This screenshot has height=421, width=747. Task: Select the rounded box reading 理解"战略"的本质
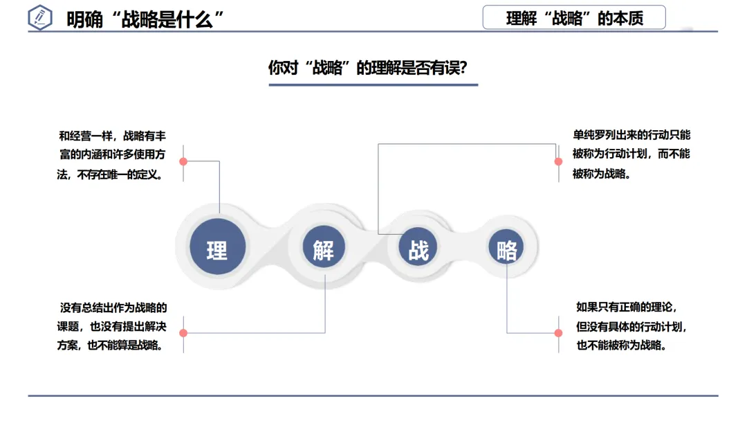(574, 18)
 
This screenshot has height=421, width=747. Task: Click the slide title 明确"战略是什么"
(147, 19)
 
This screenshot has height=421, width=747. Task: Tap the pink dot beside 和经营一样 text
(183, 161)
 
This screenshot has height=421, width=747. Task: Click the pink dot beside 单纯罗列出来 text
(558, 161)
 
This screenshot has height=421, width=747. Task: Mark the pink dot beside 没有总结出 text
(183, 333)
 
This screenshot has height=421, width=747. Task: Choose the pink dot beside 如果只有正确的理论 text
(558, 333)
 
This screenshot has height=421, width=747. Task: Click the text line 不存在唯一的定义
(110, 174)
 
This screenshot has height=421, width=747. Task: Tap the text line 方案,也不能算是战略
(111, 345)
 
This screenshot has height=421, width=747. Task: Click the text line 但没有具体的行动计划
(631, 326)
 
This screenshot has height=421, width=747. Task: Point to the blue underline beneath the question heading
(373, 85)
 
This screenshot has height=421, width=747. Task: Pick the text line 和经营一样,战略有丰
(112, 136)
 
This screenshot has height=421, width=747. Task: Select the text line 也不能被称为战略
(621, 345)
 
